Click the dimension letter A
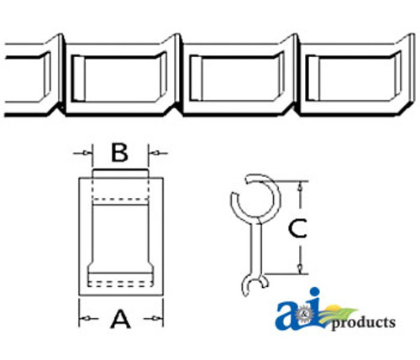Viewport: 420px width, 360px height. [121, 319]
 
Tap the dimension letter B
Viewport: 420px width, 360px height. [120, 153]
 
